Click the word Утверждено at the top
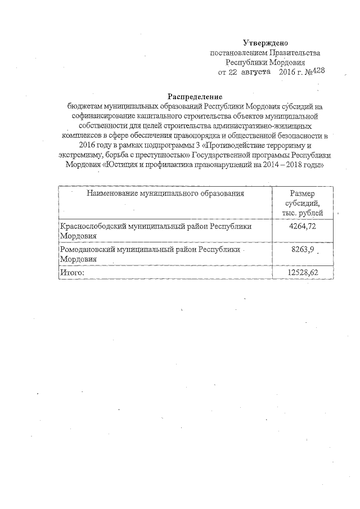click(x=265, y=43)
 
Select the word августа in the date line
click(x=256, y=73)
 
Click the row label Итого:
click(x=72, y=273)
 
